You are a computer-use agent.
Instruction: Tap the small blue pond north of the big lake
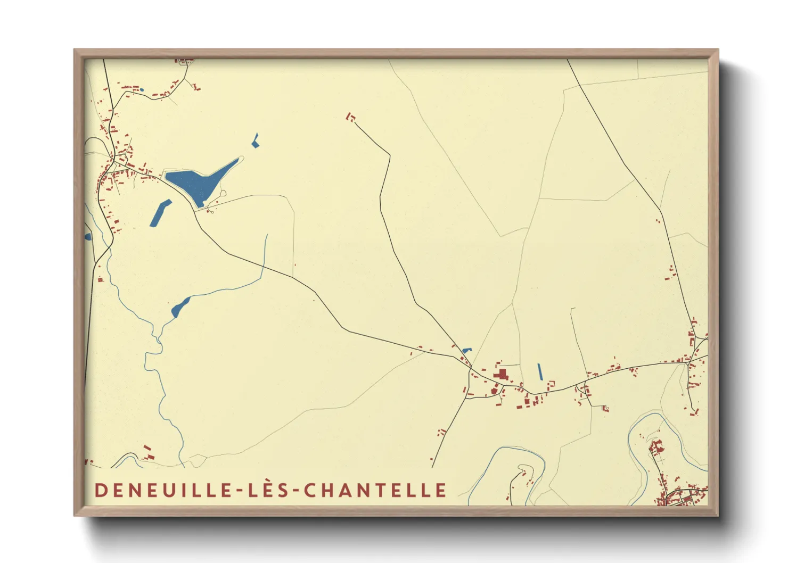click(x=256, y=141)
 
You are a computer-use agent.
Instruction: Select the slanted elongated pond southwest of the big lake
click(x=160, y=213)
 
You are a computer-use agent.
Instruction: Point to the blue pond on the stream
click(x=180, y=308)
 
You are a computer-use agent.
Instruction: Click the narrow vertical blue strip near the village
click(x=540, y=371)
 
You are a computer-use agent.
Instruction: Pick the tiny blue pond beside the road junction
click(x=467, y=350)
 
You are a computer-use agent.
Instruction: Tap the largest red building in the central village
click(x=500, y=375)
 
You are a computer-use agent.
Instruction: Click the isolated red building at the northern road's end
click(x=350, y=117)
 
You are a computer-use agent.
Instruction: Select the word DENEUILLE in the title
click(x=162, y=490)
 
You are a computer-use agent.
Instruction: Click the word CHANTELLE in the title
click(x=375, y=490)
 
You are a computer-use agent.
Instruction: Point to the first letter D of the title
click(x=100, y=490)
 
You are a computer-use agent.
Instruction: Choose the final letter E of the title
click(x=440, y=490)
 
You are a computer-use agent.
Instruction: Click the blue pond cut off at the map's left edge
click(x=88, y=236)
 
